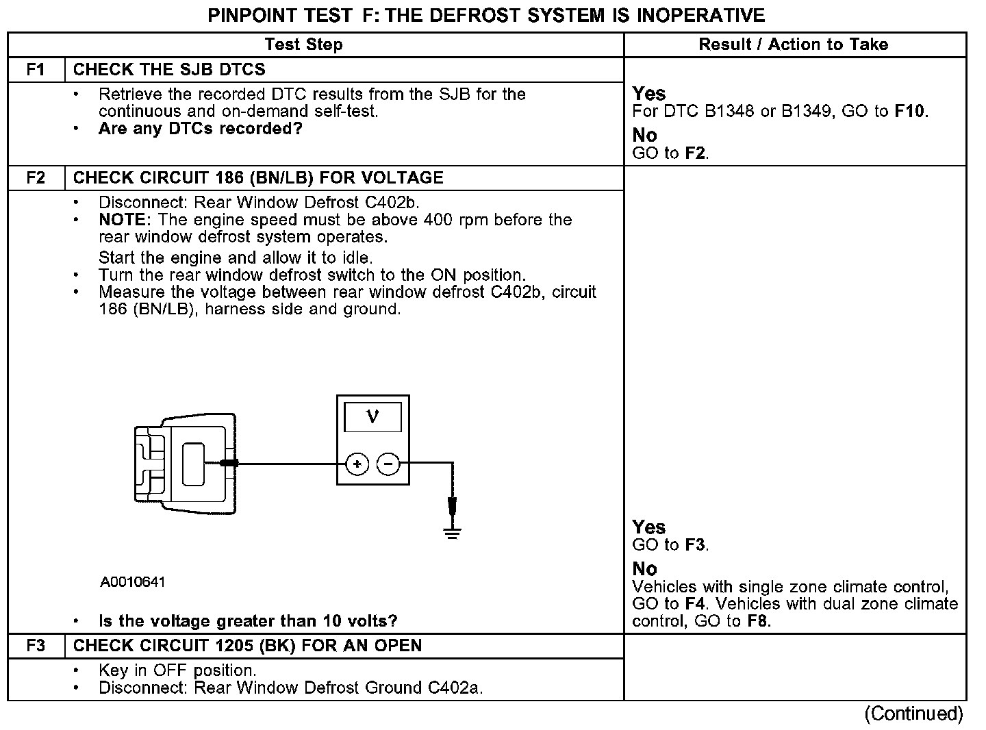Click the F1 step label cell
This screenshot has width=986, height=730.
point(36,70)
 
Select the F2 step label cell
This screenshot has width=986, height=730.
point(36,178)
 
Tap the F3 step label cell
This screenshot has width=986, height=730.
point(36,646)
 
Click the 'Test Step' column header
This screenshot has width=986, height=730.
point(303,45)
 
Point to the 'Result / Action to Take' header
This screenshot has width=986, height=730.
point(793,45)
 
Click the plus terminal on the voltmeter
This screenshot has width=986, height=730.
point(357,465)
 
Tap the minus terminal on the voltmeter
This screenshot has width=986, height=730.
point(388,465)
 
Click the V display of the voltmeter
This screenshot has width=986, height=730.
point(372,416)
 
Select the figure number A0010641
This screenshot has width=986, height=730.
point(133,582)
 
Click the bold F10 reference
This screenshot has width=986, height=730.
point(910,112)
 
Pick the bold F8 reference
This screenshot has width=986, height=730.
point(759,621)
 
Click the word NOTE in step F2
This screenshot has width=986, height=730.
point(122,220)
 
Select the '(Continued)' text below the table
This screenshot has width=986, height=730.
point(913,714)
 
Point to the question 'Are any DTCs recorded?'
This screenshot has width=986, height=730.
point(200,129)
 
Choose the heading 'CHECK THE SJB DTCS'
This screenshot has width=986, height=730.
point(169,70)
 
